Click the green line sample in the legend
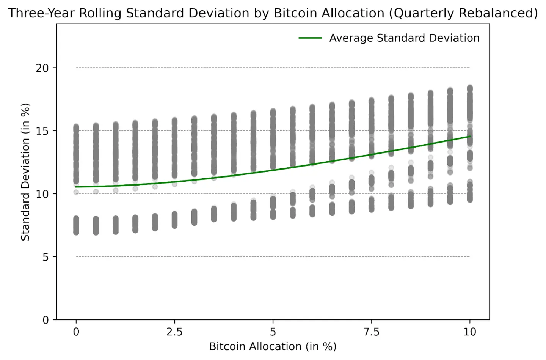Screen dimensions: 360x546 pyautogui.click(x=310, y=38)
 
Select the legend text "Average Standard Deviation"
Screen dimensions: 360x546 pyautogui.click(x=404, y=38)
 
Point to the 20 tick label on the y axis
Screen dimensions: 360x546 pyautogui.click(x=42, y=68)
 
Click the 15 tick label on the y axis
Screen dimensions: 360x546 pyautogui.click(x=42, y=131)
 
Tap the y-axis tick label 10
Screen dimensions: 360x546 pyautogui.click(x=42, y=194)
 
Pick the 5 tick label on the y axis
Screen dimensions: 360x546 pyautogui.click(x=45, y=257)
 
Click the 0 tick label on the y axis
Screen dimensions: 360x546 pyautogui.click(x=45, y=320)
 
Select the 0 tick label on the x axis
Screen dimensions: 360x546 pyautogui.click(x=76, y=332)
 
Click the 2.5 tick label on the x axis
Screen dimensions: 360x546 pyautogui.click(x=174, y=332)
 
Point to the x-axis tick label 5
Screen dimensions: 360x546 pyautogui.click(x=273, y=332)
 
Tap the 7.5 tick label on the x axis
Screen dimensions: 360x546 pyautogui.click(x=371, y=332)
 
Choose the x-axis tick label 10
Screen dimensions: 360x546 pyautogui.click(x=470, y=332)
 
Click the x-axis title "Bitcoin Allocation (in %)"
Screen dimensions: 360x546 pyautogui.click(x=273, y=346)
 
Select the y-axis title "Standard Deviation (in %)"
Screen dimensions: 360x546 pyautogui.click(x=25, y=172)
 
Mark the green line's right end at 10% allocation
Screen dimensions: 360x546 pyautogui.click(x=470, y=136)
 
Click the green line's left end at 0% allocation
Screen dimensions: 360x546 pyautogui.click(x=76, y=187)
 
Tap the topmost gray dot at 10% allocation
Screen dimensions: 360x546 pyautogui.click(x=470, y=88)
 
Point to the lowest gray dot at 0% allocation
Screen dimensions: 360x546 pyautogui.click(x=76, y=232)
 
